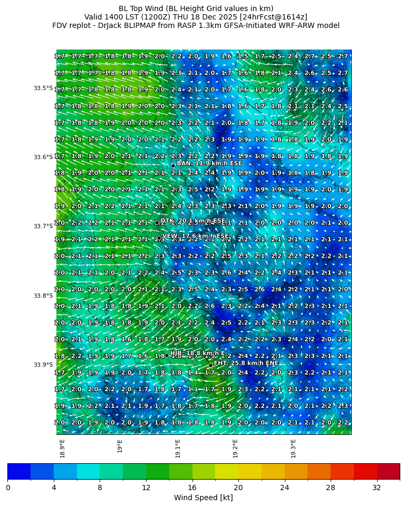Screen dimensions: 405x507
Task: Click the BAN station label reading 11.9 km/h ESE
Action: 202,163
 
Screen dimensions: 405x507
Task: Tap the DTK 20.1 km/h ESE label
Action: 192,221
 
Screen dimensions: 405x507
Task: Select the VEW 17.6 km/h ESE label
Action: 196,236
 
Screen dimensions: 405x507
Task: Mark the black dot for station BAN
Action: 173,165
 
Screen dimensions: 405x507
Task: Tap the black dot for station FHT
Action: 210,365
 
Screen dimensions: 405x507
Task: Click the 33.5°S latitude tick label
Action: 43,88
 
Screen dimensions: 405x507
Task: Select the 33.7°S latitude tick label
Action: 43,226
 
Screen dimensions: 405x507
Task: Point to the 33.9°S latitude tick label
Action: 43,365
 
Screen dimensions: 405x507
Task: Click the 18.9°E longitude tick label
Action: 63,448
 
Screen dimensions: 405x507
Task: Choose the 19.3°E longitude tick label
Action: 293,448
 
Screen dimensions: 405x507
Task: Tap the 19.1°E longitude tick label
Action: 178,448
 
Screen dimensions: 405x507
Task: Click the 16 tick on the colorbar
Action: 192,487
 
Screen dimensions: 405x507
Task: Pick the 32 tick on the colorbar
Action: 377,487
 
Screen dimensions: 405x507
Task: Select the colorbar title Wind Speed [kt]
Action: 203,498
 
